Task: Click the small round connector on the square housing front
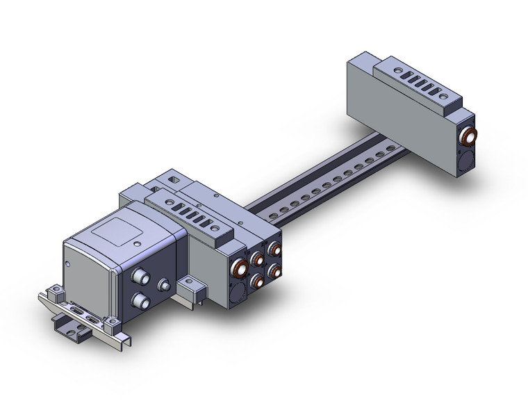tap(165, 285)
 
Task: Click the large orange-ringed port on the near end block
tap(239, 268)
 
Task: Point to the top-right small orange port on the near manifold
tap(277, 248)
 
